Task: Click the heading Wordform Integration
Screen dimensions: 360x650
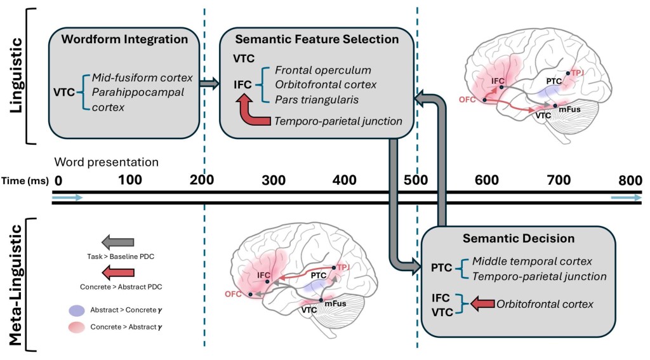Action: click(x=124, y=39)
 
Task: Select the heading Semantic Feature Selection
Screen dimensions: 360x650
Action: click(x=317, y=39)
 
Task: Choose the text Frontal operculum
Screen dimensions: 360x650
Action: click(x=322, y=70)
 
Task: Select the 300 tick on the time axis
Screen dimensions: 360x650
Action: click(x=274, y=180)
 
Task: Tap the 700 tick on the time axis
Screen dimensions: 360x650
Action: click(x=559, y=180)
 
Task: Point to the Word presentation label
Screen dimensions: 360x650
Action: click(x=106, y=162)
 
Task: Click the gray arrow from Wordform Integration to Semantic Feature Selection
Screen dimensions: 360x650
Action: click(x=209, y=83)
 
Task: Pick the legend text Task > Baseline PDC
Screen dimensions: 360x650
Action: click(x=117, y=257)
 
